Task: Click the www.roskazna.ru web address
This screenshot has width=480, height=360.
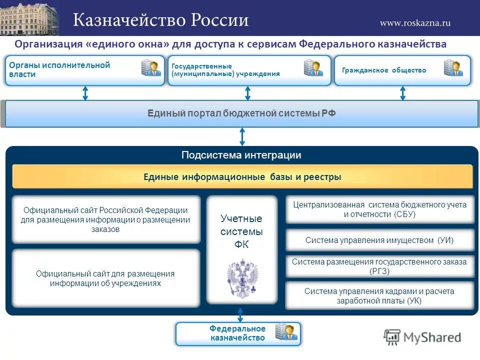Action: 415,22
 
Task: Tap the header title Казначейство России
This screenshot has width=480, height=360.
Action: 161,20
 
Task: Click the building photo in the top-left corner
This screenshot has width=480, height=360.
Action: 29,18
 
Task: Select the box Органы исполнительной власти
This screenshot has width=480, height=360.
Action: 84,70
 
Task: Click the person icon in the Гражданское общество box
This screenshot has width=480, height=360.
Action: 453,68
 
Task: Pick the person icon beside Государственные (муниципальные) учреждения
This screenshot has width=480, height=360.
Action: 313,68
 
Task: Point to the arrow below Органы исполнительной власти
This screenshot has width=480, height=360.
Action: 85,93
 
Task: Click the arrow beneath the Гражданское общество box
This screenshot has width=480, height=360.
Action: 402,93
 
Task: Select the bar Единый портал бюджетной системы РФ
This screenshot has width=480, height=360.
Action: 241,113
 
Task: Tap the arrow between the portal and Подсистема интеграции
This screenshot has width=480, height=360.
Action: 242,136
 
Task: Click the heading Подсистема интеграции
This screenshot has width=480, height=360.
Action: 241,155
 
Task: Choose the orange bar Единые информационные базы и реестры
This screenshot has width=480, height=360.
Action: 242,176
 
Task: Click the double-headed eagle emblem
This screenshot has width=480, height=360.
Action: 242,277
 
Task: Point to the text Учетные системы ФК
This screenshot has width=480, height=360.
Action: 241,231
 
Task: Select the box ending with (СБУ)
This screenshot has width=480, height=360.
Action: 379,209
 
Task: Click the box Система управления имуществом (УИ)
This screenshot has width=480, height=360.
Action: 379,240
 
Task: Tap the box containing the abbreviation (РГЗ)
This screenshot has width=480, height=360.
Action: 379,266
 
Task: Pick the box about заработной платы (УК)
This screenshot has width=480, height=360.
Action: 379,295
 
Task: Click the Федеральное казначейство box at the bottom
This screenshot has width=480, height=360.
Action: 238,333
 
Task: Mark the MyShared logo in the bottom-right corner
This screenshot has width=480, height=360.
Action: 423,337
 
